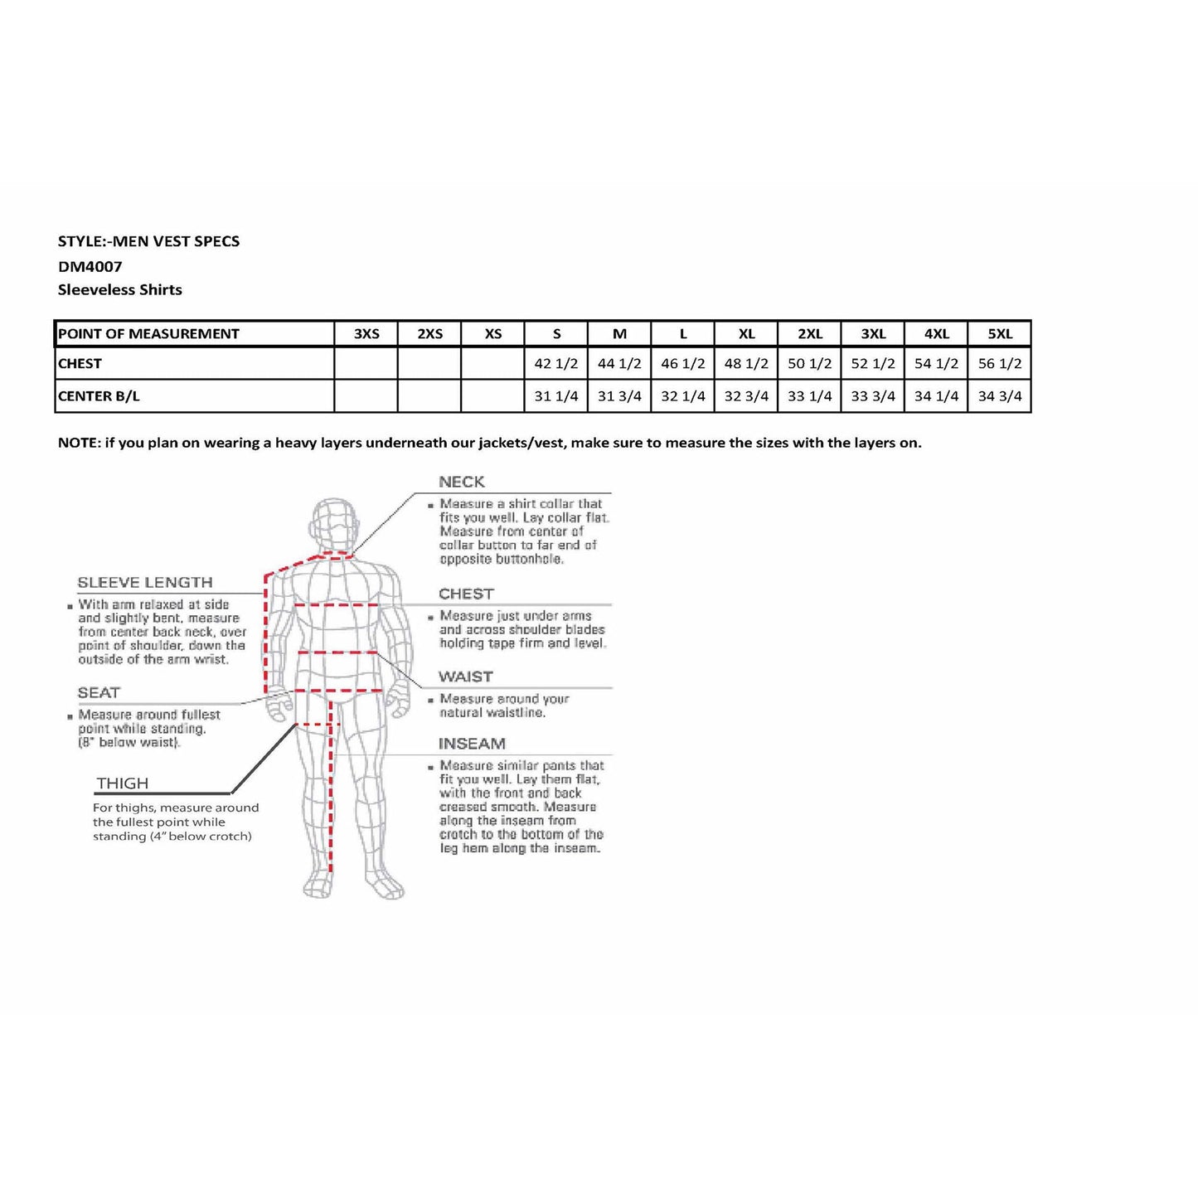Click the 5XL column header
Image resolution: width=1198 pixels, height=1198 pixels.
[999, 334]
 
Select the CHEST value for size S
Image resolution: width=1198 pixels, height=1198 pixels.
[556, 364]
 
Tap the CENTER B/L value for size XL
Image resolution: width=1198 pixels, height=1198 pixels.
[746, 396]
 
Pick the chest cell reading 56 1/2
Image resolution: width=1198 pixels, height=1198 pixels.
[999, 364]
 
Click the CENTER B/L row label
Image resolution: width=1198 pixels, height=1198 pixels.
[99, 396]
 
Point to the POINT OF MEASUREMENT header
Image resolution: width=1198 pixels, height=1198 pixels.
[149, 334]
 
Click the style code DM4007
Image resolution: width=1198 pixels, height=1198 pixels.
[90, 267]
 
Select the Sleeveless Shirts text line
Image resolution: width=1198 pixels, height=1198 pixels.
[120, 290]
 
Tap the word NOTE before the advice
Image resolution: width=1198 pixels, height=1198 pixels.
[78, 443]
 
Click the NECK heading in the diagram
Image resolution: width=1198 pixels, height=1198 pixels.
[462, 483]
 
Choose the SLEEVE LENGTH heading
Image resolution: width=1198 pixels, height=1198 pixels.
[145, 583]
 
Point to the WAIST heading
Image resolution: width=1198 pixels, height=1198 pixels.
[465, 677]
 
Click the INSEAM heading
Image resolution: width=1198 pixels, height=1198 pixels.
[472, 745]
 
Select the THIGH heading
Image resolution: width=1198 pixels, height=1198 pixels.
[123, 783]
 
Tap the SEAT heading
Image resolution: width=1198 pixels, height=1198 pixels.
[99, 693]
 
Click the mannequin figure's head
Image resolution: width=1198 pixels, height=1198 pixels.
[335, 522]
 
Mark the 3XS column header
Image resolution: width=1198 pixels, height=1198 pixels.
[366, 334]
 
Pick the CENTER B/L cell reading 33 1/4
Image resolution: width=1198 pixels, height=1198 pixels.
[809, 396]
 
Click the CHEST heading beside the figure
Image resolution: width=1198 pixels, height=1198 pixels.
[466, 594]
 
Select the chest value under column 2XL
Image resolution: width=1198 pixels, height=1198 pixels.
[809, 364]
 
